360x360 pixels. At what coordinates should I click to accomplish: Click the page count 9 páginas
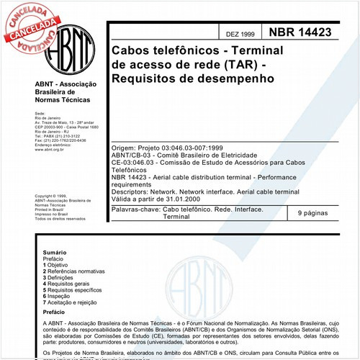pyautogui.click(x=313, y=213)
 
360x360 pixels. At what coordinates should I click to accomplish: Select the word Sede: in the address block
pyautogui.click(x=40, y=114)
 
